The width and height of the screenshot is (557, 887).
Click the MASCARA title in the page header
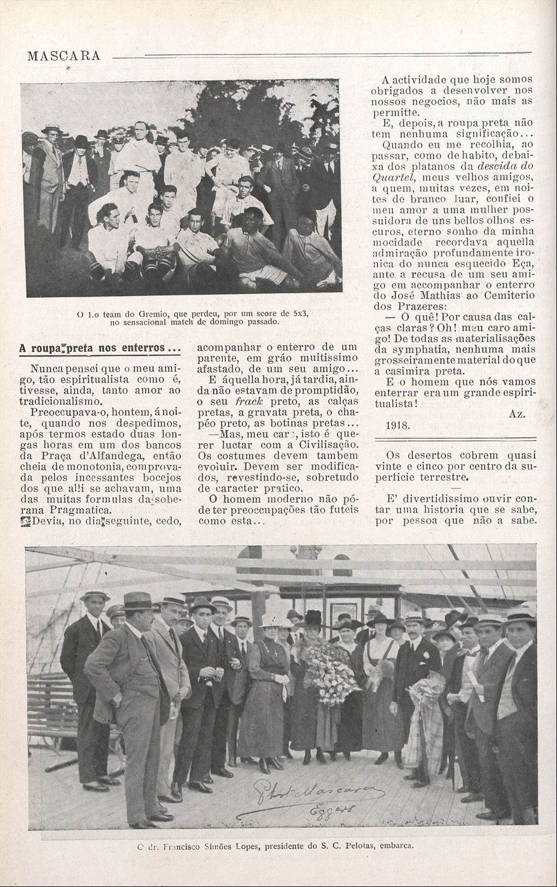(x=63, y=55)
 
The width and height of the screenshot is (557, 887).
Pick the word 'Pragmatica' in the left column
(x=61, y=510)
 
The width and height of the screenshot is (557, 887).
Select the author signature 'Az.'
(x=516, y=414)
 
